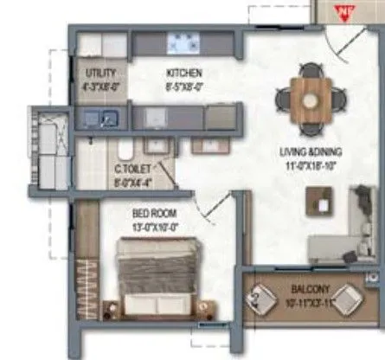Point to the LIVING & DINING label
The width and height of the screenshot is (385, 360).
[311, 152]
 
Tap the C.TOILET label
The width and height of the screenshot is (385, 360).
[131, 171]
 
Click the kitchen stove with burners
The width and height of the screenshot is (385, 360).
[183, 43]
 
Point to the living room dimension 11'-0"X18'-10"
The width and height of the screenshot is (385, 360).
[311, 164]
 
